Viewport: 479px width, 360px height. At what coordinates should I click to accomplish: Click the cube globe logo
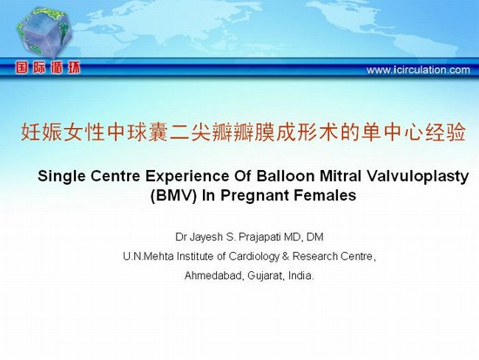pos(44,32)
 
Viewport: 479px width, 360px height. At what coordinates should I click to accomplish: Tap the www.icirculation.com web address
pos(418,70)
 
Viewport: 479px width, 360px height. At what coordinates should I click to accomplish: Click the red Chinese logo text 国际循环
pos(48,68)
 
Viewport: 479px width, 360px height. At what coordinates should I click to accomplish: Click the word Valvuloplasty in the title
pos(417,177)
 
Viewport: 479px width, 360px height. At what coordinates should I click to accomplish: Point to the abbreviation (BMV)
pos(173,195)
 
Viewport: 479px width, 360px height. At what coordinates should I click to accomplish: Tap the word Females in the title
pos(325,195)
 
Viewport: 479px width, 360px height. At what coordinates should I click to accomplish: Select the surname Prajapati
pos(260,237)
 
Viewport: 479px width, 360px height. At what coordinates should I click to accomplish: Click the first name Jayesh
pos(206,237)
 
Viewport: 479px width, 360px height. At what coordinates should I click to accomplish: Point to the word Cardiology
pos(253,256)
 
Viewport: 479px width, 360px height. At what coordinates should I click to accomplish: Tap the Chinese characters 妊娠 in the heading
pos(42,132)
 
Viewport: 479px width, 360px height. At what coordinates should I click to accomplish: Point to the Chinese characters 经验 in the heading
pos(445,132)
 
